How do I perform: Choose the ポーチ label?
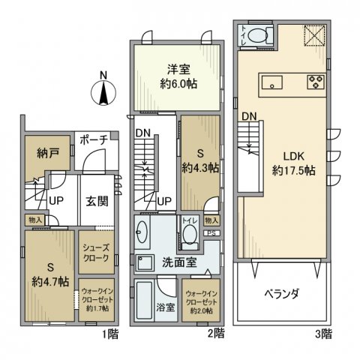click(x=93, y=140)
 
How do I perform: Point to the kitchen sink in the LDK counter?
click(x=271, y=81)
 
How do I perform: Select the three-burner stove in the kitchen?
click(x=313, y=81)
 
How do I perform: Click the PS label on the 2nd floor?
click(x=213, y=232)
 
